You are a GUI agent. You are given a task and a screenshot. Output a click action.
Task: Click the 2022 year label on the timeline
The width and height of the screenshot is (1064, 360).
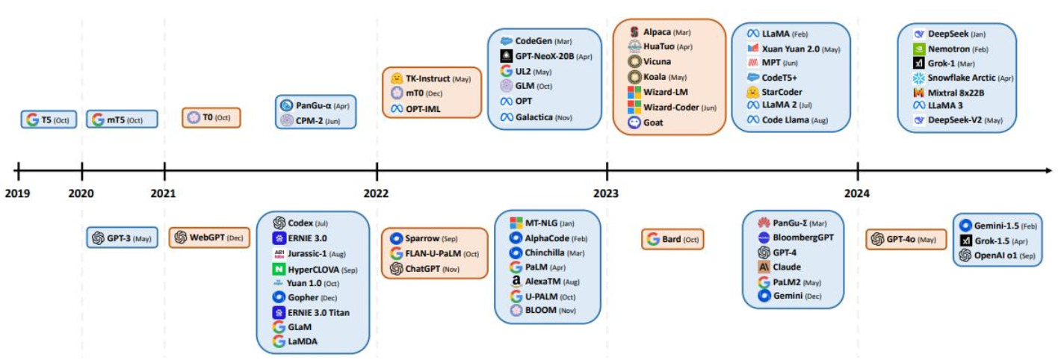pyautogui.click(x=376, y=193)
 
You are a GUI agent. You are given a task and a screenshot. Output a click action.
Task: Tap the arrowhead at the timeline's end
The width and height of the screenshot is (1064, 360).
pyautogui.click(x=1049, y=170)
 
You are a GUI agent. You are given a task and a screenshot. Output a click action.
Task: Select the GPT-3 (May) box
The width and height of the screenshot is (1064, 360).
pyautogui.click(x=122, y=238)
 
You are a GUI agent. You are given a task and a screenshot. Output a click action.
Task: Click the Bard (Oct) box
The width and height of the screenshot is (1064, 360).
pyautogui.click(x=672, y=239)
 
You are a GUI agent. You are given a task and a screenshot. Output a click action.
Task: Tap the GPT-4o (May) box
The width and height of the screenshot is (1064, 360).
pyautogui.click(x=906, y=239)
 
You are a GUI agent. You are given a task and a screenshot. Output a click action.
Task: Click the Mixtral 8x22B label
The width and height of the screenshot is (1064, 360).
pyautogui.click(x=956, y=93)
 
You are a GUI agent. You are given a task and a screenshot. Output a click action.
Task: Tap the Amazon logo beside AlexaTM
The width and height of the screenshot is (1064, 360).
pyautogui.click(x=516, y=281)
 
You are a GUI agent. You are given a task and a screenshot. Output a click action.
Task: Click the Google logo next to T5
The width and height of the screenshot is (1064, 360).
pyautogui.click(x=32, y=120)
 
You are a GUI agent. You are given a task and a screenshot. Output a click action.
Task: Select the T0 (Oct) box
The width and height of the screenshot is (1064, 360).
pyautogui.click(x=211, y=117)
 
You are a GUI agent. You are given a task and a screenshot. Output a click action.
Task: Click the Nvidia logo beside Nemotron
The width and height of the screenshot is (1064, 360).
pyautogui.click(x=919, y=49)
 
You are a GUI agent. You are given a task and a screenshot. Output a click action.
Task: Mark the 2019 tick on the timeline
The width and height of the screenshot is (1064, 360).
pyautogui.click(x=19, y=171)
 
